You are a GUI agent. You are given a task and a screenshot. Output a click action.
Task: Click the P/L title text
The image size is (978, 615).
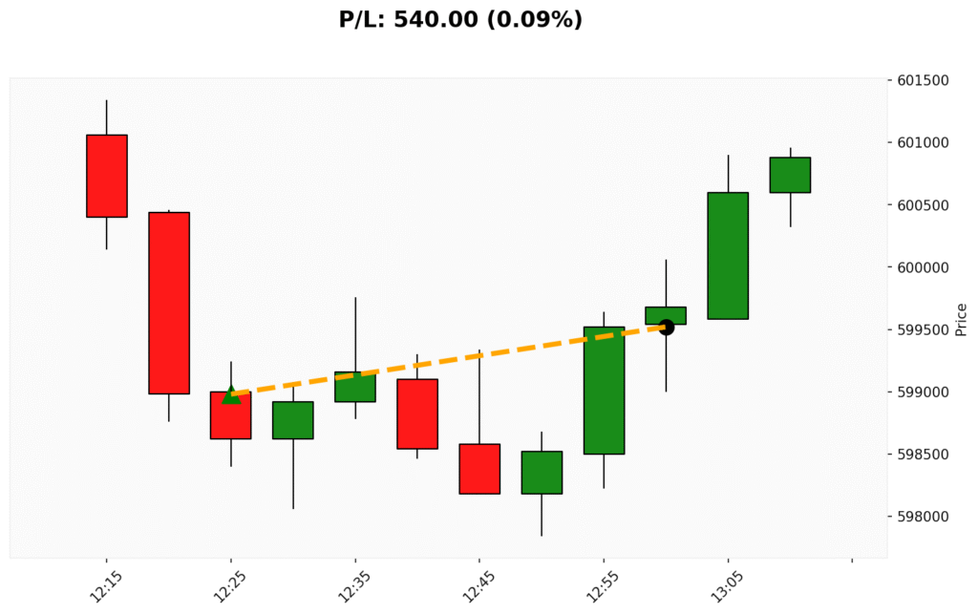coord(460,19)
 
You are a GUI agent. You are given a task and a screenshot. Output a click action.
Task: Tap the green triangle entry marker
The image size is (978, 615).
coord(231,394)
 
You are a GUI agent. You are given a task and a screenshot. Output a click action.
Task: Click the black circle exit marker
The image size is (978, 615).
coord(667,328)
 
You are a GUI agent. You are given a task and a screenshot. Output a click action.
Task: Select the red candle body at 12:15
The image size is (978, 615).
coord(107,176)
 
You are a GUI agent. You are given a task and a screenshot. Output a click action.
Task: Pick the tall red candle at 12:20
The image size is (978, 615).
coord(169,303)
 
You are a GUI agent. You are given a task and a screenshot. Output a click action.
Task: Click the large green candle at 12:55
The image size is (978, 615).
coord(604,390)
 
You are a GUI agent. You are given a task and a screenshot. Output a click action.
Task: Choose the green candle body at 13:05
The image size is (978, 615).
coord(728,255)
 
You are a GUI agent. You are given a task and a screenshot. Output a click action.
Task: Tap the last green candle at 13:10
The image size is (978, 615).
coord(790,175)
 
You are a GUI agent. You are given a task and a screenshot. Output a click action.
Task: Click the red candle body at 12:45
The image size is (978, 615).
coord(479,468)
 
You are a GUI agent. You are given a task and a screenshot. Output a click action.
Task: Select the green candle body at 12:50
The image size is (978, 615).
coord(542,472)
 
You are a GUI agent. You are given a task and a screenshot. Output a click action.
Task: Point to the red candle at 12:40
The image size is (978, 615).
coord(417,414)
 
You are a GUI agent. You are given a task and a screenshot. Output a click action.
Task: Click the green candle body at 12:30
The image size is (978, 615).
coord(293,420)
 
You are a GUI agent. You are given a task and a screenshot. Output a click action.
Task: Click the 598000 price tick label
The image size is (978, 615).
coord(924,517)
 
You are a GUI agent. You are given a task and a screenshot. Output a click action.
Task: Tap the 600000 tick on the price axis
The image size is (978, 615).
coord(924,267)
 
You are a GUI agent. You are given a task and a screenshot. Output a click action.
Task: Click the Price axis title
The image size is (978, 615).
coord(961,319)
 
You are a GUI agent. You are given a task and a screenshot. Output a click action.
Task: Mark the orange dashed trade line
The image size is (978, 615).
coord(449,360)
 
